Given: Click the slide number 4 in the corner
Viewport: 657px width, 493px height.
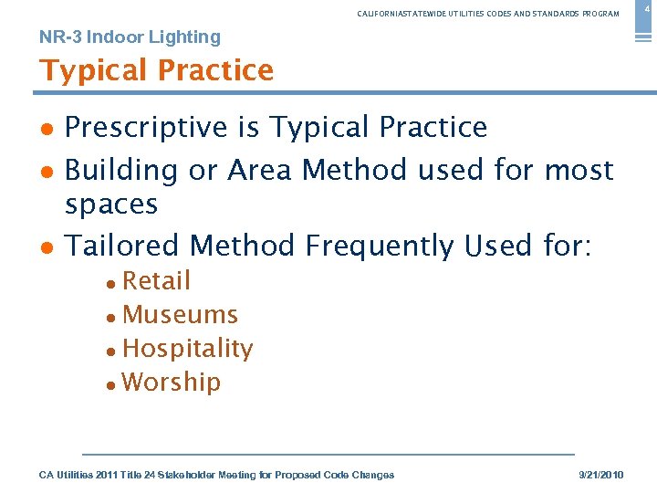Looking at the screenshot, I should pos(647,8).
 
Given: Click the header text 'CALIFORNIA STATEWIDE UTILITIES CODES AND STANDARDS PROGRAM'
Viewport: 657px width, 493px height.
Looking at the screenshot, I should pos(488,14).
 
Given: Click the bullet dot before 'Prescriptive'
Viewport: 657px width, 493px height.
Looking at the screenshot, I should pos(46,129).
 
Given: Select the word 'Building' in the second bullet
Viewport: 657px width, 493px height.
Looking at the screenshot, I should pos(121,171).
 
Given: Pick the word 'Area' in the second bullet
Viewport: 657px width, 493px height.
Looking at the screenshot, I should pos(260,170).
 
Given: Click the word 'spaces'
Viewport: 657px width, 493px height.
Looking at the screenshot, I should pos(111,205).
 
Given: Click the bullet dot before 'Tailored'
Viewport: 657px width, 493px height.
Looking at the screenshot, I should pos(46,247).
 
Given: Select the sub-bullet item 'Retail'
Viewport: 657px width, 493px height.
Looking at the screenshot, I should pos(156,280).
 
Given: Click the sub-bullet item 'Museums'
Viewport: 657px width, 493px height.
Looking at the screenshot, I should pos(180,315).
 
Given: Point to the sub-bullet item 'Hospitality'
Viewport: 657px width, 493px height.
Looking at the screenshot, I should pos(187,349).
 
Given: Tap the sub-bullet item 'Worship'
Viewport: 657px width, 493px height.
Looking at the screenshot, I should pos(172,382).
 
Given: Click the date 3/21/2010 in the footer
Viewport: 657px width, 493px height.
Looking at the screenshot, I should pos(602,475).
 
